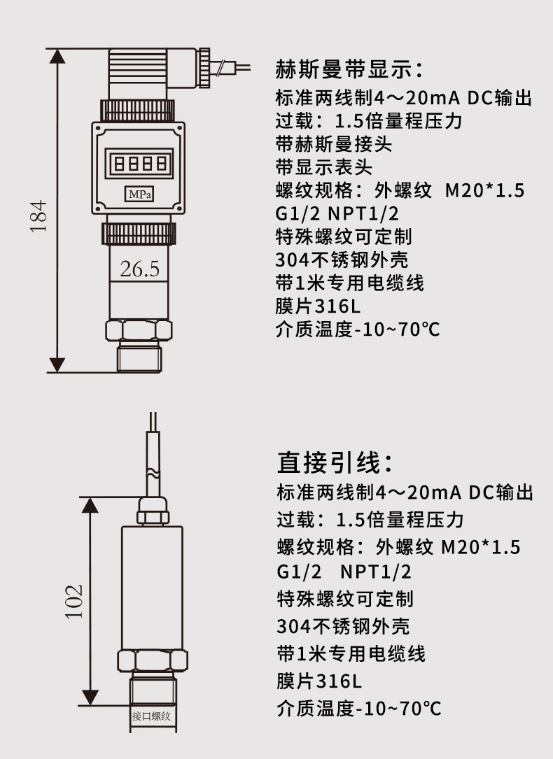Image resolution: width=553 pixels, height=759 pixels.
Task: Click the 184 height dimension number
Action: click(x=38, y=216)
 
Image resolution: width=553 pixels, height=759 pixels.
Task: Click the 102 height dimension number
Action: click(x=74, y=602)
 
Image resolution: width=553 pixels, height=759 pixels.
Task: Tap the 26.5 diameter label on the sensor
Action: click(x=139, y=269)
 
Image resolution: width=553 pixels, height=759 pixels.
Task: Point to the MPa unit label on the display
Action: click(x=140, y=194)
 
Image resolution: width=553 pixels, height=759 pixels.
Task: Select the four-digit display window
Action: click(x=139, y=163)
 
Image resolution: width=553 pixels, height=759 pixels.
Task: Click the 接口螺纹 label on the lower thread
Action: click(x=152, y=716)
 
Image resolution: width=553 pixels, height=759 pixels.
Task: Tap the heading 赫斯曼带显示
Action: click(x=349, y=69)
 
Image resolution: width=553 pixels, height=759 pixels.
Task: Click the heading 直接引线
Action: click(x=335, y=462)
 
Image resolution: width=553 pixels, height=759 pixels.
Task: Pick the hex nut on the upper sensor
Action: click(x=139, y=330)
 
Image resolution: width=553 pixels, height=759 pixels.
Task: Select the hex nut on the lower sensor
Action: click(x=152, y=661)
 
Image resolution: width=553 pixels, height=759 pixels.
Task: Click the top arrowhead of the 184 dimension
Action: click(x=57, y=56)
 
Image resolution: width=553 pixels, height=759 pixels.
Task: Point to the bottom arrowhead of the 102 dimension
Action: click(x=90, y=697)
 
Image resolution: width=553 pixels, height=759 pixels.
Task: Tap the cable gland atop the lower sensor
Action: click(x=153, y=510)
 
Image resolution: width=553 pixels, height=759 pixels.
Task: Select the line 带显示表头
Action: click(x=324, y=167)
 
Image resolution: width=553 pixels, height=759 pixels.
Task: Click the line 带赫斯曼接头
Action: click(x=334, y=144)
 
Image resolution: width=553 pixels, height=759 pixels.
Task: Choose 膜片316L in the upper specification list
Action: click(x=318, y=306)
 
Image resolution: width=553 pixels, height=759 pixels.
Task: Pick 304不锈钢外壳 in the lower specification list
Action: click(x=343, y=626)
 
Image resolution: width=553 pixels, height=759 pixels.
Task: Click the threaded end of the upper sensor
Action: click(x=139, y=356)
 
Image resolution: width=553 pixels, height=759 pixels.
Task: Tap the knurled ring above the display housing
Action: click(x=137, y=110)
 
